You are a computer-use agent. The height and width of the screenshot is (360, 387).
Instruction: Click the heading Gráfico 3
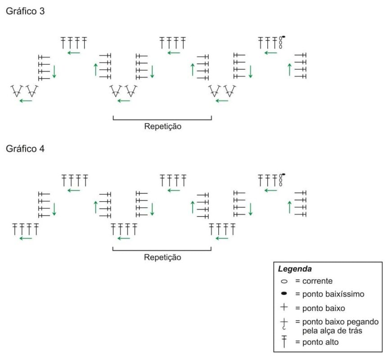point(25,11)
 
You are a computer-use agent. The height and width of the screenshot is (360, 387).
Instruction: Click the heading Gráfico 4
point(25,148)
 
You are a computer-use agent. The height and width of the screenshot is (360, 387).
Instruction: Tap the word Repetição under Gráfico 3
point(162,126)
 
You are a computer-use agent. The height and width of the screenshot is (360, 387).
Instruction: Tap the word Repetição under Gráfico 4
point(162,257)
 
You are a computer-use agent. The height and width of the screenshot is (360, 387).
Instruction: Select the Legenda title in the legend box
point(295,269)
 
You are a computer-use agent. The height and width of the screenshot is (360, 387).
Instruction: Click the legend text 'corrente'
point(317,281)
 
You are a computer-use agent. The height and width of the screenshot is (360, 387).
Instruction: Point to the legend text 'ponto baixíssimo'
point(333,294)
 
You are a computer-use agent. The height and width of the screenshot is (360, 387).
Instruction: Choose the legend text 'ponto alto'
point(320,342)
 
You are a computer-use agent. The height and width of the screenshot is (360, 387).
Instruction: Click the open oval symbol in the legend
point(284,281)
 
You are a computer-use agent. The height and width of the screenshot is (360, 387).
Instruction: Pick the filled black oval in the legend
point(284,293)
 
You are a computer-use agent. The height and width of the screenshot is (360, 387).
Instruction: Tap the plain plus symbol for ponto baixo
point(284,307)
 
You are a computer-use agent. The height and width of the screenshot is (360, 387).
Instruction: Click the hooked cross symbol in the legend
point(284,324)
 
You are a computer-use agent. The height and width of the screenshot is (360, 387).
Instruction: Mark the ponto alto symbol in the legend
point(284,342)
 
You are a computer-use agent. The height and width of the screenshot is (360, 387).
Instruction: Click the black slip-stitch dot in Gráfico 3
point(283,37)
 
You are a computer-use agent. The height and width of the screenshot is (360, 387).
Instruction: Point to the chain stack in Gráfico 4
point(280,180)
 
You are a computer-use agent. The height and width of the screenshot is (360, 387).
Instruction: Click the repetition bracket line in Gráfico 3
point(162,120)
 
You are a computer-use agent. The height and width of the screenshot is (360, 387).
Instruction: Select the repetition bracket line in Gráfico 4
point(162,250)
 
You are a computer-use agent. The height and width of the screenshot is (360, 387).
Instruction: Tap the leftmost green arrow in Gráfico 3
point(26,101)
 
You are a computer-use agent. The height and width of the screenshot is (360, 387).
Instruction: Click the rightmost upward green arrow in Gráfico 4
point(290,207)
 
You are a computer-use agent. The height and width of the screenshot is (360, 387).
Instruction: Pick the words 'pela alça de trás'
point(332,331)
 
